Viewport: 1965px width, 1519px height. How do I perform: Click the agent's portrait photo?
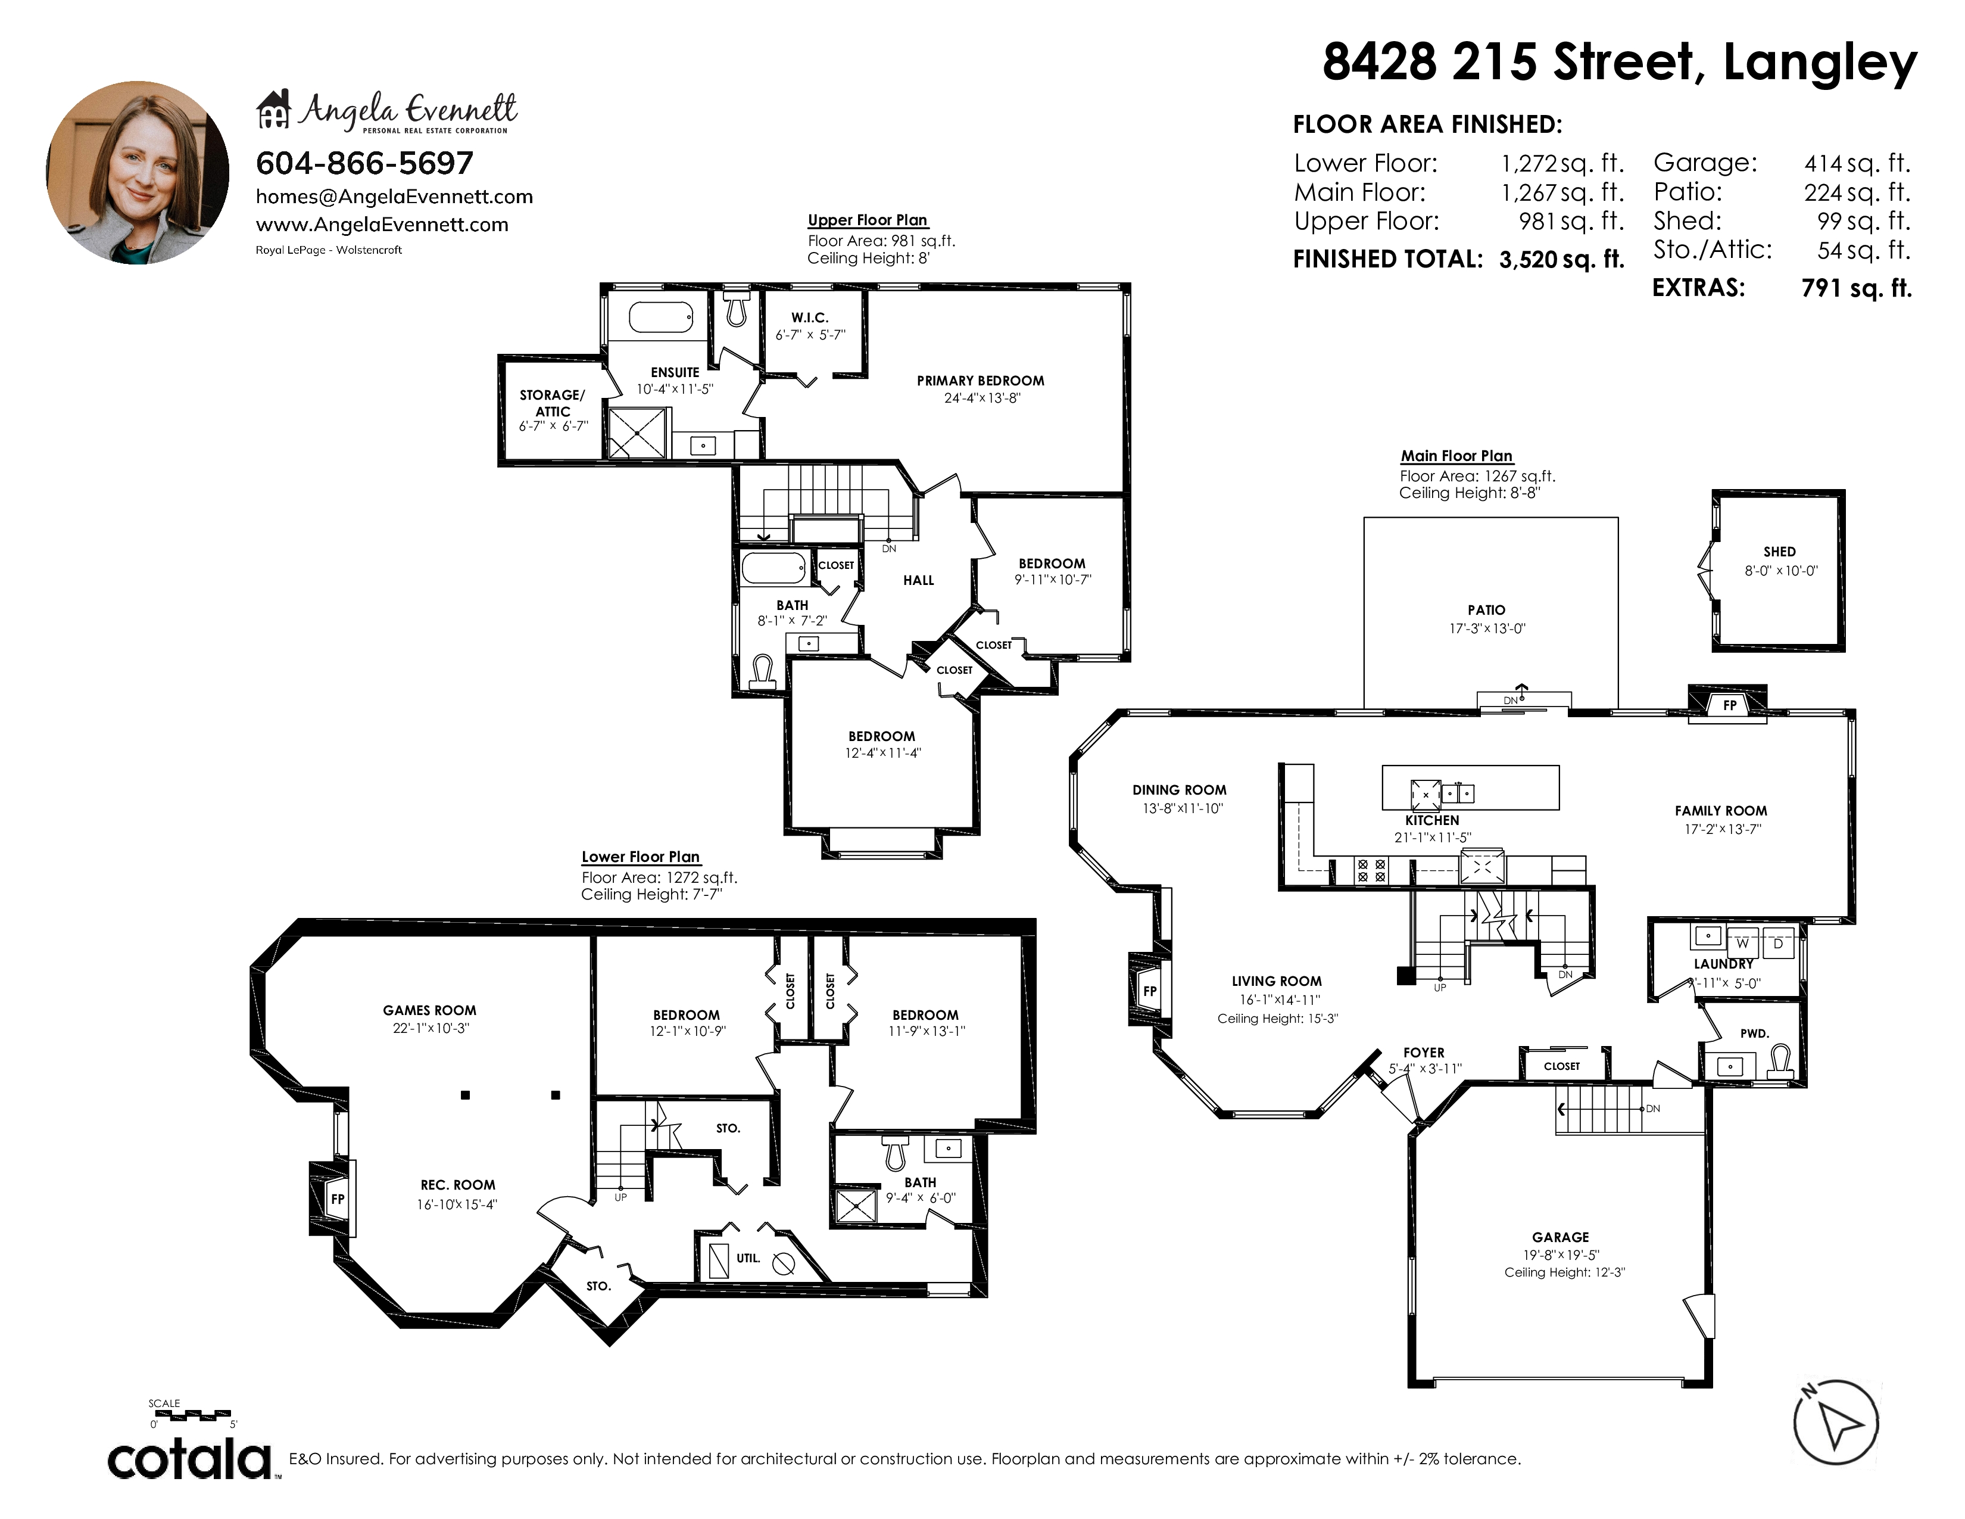(x=138, y=173)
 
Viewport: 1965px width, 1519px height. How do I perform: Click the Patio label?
(x=1486, y=610)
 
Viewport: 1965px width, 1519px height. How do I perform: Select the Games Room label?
(x=429, y=1010)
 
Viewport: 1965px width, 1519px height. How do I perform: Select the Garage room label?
(x=1560, y=1237)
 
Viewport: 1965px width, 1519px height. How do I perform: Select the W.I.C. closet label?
(x=810, y=318)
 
